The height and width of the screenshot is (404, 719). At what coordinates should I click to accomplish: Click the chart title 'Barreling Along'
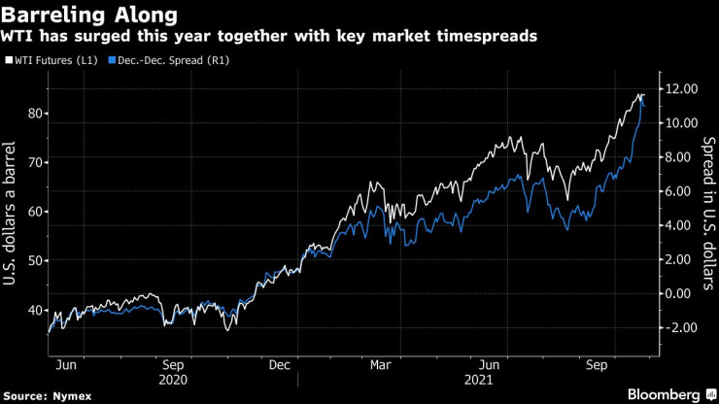pyautogui.click(x=90, y=16)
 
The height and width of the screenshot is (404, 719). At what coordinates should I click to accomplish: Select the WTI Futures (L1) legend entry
pyautogui.click(x=55, y=60)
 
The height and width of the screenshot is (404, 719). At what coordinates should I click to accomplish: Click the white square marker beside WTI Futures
pyautogui.click(x=9, y=60)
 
